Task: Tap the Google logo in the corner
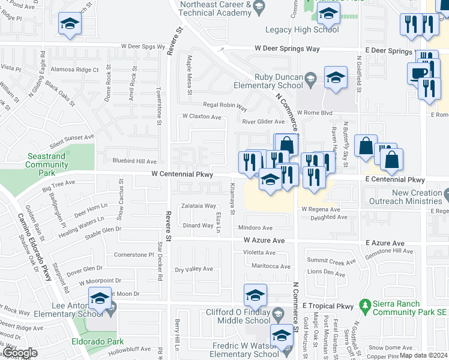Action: click(19, 353)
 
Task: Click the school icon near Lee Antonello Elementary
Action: click(100, 298)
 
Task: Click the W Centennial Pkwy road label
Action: click(181, 174)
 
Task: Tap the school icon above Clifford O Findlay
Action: click(255, 295)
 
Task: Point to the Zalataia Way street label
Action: click(199, 206)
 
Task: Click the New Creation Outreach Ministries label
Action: click(417, 197)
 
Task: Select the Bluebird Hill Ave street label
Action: click(134, 161)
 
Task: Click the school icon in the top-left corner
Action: click(70, 24)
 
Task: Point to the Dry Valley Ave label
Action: click(194, 269)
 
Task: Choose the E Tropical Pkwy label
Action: click(329, 306)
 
